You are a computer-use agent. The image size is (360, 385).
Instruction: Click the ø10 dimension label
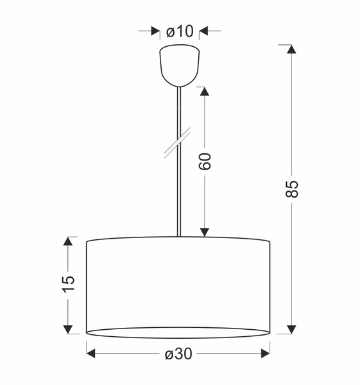tap(179, 31)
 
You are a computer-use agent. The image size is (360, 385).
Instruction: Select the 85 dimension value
tap(292, 188)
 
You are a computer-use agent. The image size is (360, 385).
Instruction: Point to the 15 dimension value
tap(68, 284)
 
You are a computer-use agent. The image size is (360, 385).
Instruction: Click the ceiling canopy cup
tap(179, 64)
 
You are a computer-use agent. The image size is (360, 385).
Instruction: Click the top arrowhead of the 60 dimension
tap(205, 92)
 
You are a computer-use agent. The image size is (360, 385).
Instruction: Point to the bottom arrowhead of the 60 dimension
tap(205, 232)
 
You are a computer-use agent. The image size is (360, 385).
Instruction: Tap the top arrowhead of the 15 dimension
tap(68, 241)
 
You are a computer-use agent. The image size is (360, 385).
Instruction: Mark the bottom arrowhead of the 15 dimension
tap(68, 329)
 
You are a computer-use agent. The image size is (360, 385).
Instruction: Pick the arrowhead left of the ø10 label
tap(155, 31)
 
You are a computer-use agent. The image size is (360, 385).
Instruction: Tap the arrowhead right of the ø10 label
tap(203, 31)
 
